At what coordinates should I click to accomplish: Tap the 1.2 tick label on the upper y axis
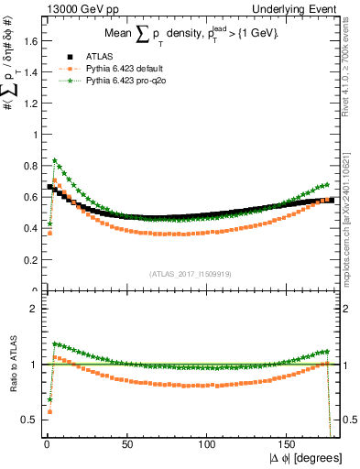[x=28, y=104]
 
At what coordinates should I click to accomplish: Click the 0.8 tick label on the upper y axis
[x=28, y=166]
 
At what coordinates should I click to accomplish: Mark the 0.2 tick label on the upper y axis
[x=28, y=260]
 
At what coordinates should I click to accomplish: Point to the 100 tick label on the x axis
[x=208, y=446]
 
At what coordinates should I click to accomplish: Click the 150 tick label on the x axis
[x=288, y=446]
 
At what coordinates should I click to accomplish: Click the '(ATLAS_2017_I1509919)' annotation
[x=191, y=274]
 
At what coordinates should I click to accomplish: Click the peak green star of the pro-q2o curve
[x=55, y=160]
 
